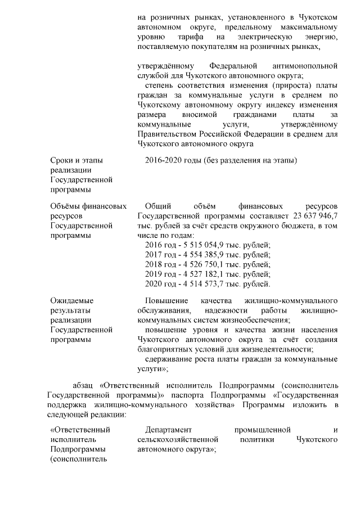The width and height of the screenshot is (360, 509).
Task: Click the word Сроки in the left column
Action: tap(62, 160)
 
